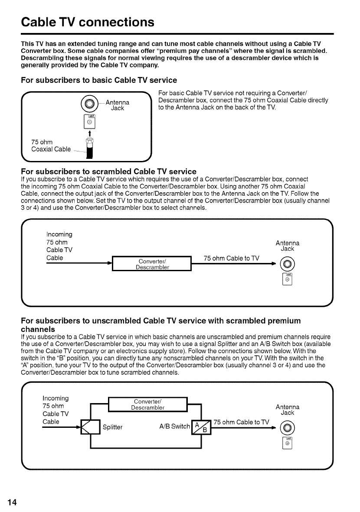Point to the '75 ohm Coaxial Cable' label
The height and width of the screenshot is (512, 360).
[x=51, y=145]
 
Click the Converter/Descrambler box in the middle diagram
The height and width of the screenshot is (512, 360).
[x=152, y=264]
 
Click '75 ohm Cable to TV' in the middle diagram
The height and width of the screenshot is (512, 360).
[x=232, y=259]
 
